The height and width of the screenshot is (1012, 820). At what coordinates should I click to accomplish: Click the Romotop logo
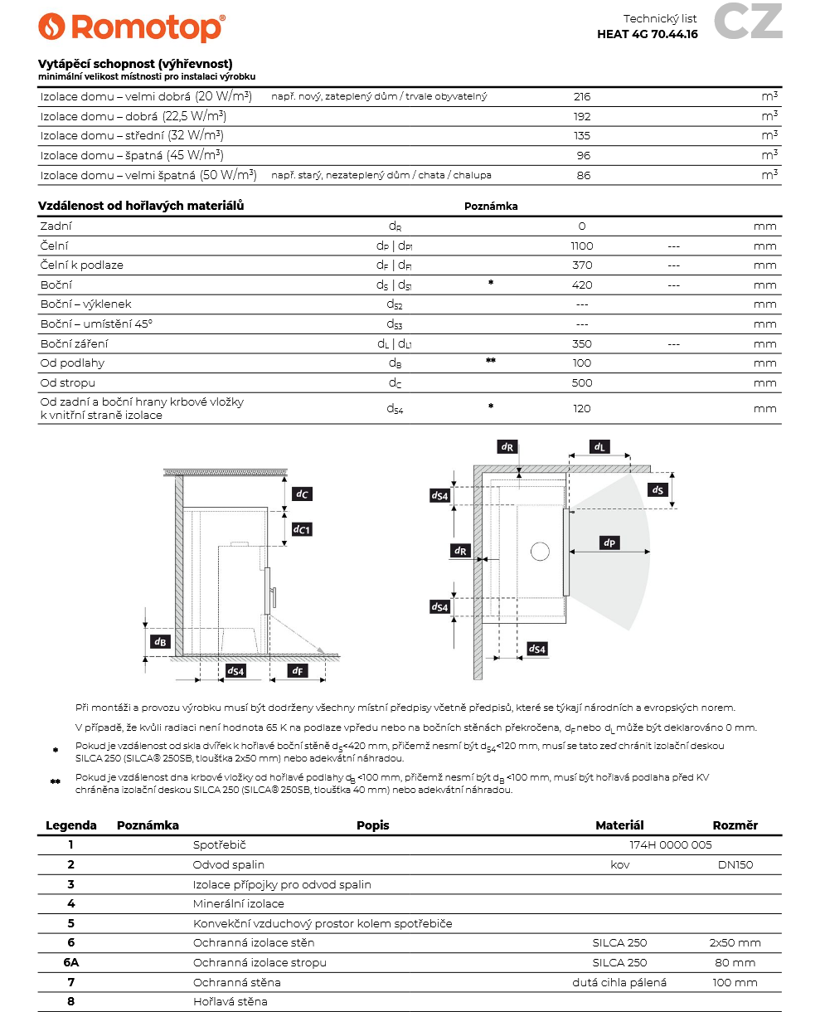point(131,27)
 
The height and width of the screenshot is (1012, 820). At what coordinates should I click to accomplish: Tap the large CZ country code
point(748,22)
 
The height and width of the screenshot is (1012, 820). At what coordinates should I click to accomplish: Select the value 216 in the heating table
point(582,96)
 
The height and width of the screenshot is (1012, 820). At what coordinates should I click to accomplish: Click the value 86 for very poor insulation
point(583,175)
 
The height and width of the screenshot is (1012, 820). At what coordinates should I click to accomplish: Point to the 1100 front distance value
point(582,246)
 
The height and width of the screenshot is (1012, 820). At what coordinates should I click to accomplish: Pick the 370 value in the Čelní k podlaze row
point(582,265)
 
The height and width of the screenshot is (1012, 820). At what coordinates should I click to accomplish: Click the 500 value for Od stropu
point(582,383)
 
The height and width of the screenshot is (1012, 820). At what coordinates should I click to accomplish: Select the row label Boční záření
point(75,343)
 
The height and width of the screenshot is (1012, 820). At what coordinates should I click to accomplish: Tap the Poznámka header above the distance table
point(491,207)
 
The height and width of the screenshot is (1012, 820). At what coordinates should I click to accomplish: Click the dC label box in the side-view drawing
point(303,494)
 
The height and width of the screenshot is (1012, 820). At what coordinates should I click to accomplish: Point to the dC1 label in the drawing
point(303,528)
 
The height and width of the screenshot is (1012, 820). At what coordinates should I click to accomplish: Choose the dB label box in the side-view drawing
point(161,641)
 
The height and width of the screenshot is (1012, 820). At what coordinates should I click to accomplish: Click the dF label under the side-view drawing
point(296,670)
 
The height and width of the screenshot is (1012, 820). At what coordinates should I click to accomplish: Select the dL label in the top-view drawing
point(599,446)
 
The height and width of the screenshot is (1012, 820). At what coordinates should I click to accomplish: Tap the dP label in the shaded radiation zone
point(610,542)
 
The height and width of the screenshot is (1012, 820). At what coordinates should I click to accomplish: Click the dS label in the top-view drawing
point(657,489)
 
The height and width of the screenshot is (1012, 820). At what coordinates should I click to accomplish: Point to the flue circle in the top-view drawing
point(540,551)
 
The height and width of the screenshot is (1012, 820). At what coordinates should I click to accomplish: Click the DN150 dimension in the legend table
point(735,864)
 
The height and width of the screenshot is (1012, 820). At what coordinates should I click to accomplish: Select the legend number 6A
point(71,962)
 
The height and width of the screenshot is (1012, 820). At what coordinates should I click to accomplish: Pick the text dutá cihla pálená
point(619,982)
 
